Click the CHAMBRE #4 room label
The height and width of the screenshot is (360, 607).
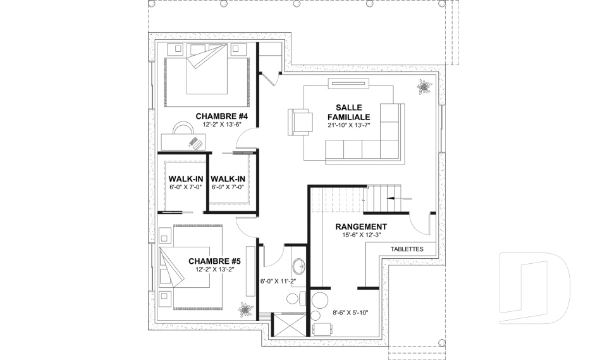click(x=221, y=116)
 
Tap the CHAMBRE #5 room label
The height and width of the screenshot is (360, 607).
click(x=214, y=261)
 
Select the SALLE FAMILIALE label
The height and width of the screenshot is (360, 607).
click(x=349, y=112)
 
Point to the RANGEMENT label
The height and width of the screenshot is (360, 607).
click(x=361, y=227)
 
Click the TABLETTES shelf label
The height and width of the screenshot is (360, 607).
click(x=407, y=249)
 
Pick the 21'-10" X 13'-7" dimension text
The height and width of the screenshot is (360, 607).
click(x=349, y=125)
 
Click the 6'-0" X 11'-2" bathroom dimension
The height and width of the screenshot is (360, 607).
click(x=278, y=282)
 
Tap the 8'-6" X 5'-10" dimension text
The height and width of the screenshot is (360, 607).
click(x=350, y=313)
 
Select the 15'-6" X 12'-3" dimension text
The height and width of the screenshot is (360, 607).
click(x=361, y=235)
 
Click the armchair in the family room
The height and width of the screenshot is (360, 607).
click(x=300, y=122)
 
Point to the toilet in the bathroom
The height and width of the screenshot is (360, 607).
click(x=296, y=299)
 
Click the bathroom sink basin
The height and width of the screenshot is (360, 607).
click(x=299, y=266)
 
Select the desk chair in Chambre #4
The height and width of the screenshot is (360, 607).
click(x=183, y=128)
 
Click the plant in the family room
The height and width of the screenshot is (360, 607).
click(x=425, y=87)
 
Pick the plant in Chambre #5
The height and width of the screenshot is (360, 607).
click(x=245, y=309)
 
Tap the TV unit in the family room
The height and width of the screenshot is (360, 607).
click(x=348, y=84)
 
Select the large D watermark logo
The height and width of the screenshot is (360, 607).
click(x=534, y=287)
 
